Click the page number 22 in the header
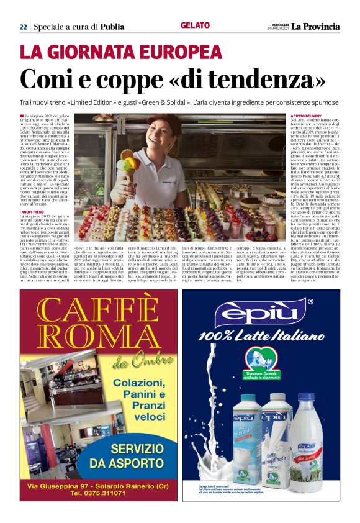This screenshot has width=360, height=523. [x=23, y=27]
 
